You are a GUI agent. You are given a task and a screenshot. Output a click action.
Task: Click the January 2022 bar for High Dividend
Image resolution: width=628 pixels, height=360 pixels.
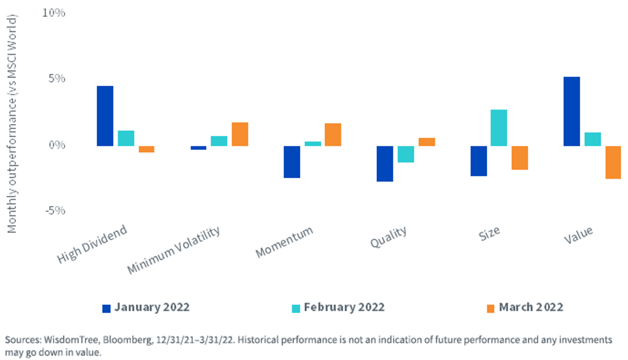(x=105, y=116)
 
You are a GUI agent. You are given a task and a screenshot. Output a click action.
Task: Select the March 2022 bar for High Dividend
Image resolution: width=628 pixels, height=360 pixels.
(x=147, y=149)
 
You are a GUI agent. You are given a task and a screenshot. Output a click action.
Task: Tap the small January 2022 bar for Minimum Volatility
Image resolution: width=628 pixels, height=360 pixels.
(x=198, y=148)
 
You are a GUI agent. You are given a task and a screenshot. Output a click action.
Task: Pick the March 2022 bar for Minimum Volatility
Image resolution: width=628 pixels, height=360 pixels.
(x=240, y=134)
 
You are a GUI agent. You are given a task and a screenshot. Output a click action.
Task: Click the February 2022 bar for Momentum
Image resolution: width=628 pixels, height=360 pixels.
(x=313, y=144)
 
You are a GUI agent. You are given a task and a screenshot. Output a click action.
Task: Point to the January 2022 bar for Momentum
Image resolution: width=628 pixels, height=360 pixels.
(x=292, y=162)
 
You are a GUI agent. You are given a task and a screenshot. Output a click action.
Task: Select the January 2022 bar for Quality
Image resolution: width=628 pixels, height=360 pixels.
(x=385, y=164)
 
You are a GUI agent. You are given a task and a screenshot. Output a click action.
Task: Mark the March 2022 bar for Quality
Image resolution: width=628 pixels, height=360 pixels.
(x=427, y=142)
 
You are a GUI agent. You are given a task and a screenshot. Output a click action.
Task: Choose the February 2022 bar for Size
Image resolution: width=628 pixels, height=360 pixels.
(x=499, y=128)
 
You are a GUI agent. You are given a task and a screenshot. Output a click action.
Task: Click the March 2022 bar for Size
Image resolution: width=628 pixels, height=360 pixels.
(x=520, y=158)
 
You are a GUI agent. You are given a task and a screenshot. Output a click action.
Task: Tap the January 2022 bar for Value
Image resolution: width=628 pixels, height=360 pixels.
(x=571, y=111)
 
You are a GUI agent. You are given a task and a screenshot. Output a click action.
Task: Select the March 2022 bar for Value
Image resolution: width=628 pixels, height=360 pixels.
(x=613, y=162)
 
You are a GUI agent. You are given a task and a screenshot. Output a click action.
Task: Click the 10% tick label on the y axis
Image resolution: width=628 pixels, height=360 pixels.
(x=53, y=13)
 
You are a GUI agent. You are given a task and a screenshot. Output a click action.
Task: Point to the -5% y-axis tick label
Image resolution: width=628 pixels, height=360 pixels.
(x=55, y=210)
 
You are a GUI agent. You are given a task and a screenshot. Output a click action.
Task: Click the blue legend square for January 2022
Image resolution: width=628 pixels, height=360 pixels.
(x=106, y=308)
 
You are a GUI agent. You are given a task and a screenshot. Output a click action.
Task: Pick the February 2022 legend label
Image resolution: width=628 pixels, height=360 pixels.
(x=344, y=307)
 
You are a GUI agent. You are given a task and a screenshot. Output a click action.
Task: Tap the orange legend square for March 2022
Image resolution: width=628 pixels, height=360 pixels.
(x=490, y=308)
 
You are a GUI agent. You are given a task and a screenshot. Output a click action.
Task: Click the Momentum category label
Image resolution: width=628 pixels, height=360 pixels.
(x=284, y=242)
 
